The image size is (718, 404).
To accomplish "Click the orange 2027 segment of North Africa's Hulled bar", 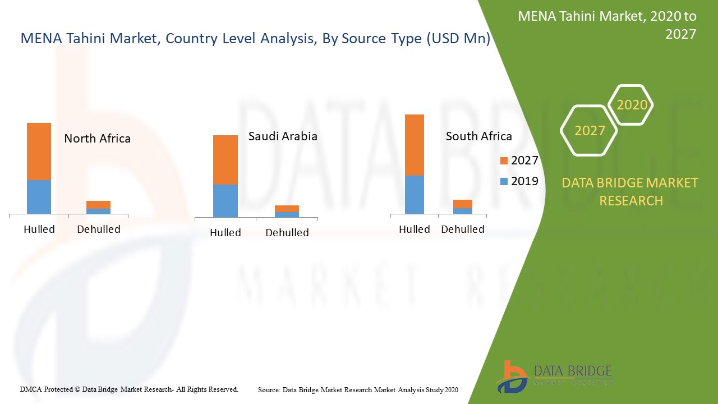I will (39, 151).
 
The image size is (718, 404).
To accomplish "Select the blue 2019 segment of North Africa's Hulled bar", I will (39, 196).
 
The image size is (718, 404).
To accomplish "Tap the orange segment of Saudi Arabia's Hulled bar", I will (225, 160).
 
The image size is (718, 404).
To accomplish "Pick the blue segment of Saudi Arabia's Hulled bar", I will (225, 200).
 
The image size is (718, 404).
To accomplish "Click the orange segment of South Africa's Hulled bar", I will (415, 145).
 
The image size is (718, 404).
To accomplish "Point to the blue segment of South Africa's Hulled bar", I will (415, 194).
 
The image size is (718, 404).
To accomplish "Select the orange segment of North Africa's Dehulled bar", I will (98, 205).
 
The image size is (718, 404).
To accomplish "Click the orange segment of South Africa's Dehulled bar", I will (463, 204).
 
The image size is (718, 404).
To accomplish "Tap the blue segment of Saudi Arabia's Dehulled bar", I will (287, 214).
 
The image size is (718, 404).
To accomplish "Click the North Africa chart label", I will (97, 139).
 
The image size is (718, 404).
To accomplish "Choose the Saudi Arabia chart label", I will (283, 136).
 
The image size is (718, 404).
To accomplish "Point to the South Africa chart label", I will (478, 136).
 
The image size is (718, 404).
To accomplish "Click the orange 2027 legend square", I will (504, 161).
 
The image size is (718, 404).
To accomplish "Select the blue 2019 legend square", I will (504, 182).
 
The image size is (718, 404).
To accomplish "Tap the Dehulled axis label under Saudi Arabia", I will (287, 233).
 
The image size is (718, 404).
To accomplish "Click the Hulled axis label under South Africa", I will (414, 229).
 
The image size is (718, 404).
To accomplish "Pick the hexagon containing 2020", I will (632, 105).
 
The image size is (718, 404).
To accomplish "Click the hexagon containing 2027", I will (590, 131).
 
